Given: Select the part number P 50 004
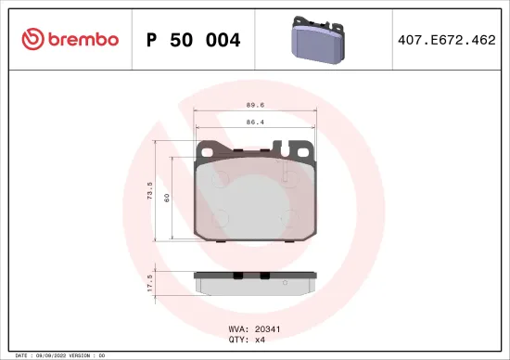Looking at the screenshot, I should click(194, 40).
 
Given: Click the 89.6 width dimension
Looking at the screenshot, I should click(254, 106).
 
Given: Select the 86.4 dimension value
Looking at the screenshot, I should click(254, 121).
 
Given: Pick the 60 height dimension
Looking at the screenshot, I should click(168, 198).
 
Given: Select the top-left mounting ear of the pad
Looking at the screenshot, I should click(211, 149).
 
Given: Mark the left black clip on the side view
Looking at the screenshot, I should click(237, 274).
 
